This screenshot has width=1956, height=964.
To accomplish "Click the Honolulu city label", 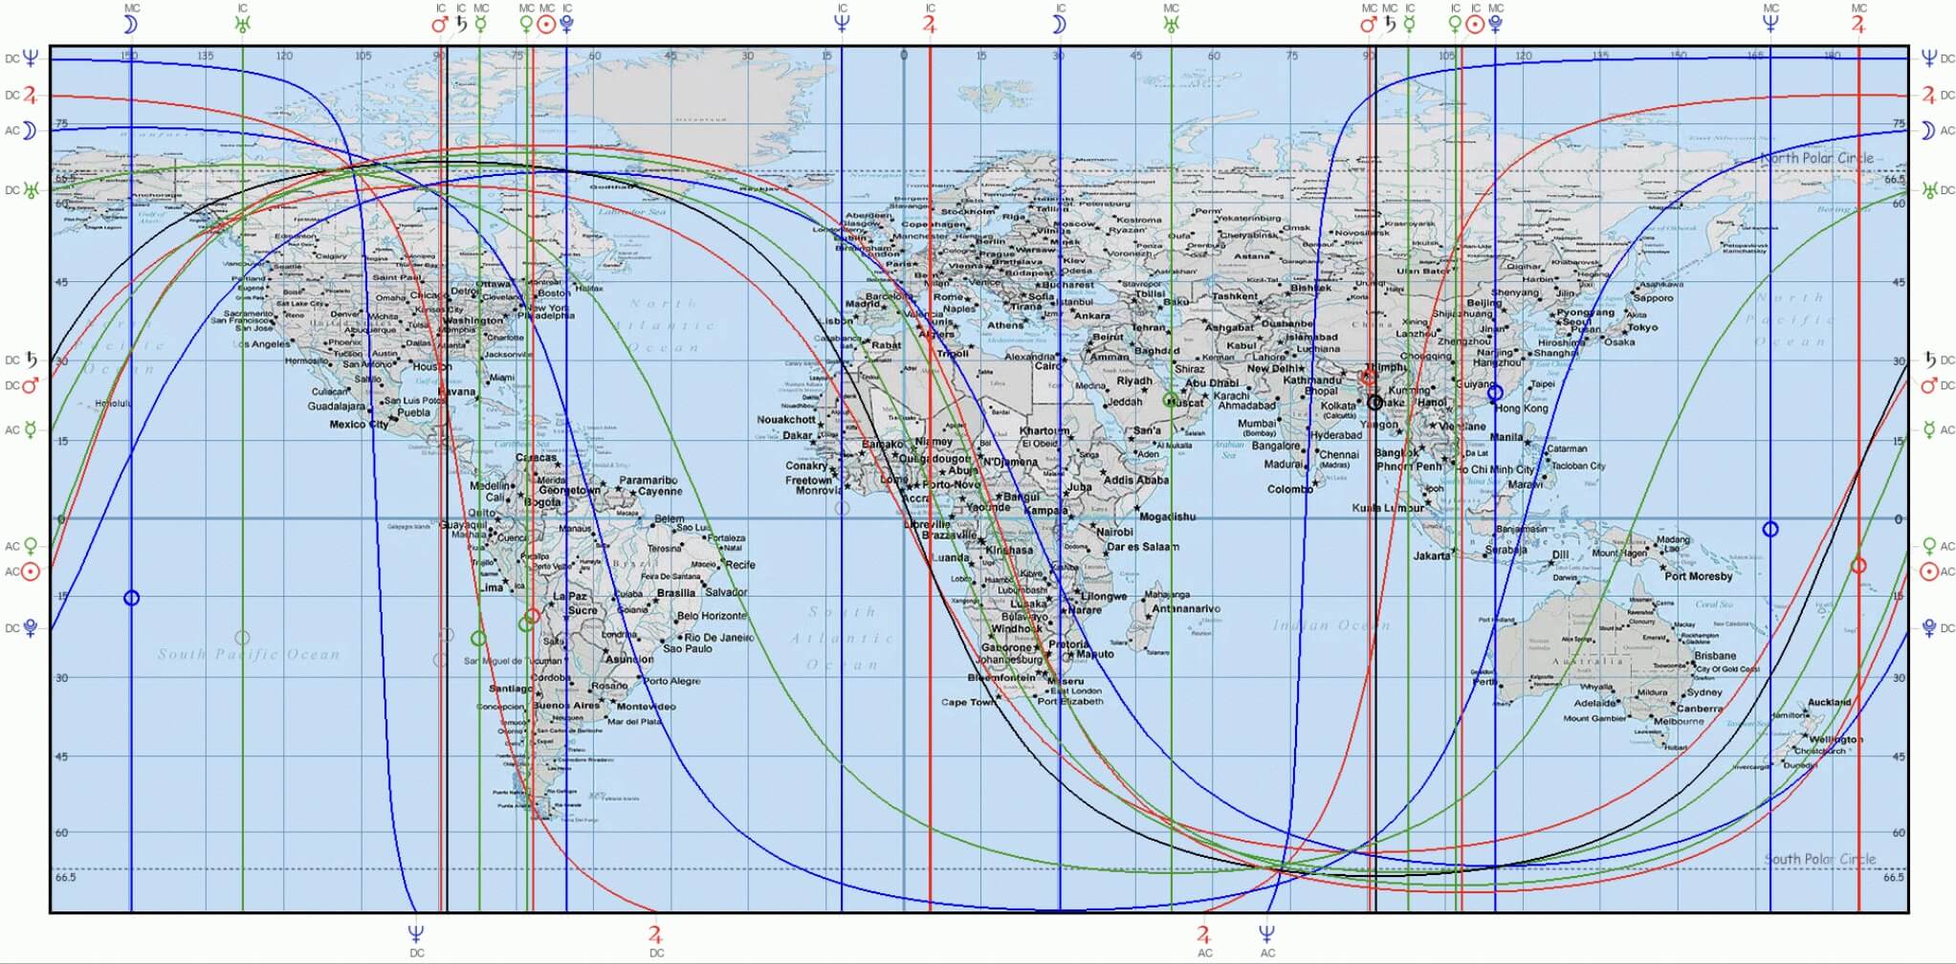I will click(x=113, y=404).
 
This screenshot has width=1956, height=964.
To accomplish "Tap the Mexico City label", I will click(x=359, y=425).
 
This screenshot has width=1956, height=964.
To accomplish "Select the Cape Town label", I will click(x=967, y=702).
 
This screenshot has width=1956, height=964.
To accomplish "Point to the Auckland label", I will click(x=1829, y=702).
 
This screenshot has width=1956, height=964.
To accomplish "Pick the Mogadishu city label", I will click(x=1167, y=516).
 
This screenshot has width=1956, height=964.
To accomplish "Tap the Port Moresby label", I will click(x=1698, y=577).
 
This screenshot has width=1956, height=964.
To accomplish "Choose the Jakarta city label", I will click(x=1432, y=556).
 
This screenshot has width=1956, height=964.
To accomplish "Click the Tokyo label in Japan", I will click(x=1642, y=327).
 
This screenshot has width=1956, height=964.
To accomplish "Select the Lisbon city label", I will click(x=834, y=321).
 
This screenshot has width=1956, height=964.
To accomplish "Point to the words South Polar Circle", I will click(x=1819, y=859).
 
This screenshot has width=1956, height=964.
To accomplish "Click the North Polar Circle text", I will click(x=1816, y=158).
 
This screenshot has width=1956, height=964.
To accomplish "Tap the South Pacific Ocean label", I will click(x=249, y=655).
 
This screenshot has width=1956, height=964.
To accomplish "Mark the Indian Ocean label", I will click(x=1330, y=625).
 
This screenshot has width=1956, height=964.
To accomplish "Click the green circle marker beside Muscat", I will click(x=1170, y=400).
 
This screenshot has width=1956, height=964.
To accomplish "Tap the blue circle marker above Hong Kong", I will click(x=1495, y=393).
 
